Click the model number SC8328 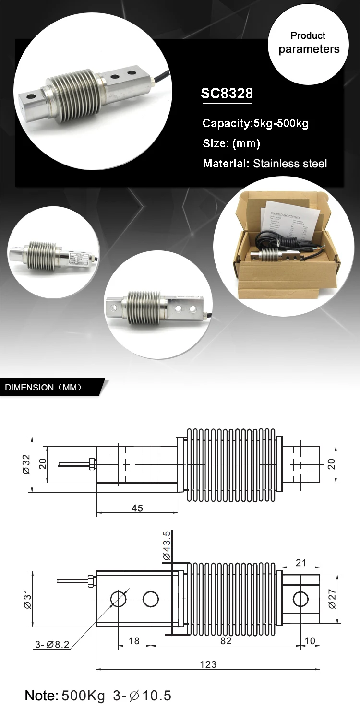pyautogui.click(x=227, y=93)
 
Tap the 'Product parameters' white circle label pyautogui.click(x=309, y=43)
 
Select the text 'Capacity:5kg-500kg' pyautogui.click(x=255, y=123)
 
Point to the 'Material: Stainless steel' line pyautogui.click(x=264, y=164)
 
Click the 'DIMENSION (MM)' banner pyautogui.click(x=43, y=388)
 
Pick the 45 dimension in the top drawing pyautogui.click(x=137, y=508)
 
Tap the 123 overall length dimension pyautogui.click(x=208, y=664)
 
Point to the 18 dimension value pyautogui.click(x=134, y=641)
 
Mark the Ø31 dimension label pyautogui.click(x=26, y=599)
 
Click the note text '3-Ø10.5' pyautogui.click(x=142, y=696)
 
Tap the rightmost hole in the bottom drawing pyautogui.click(x=301, y=599)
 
